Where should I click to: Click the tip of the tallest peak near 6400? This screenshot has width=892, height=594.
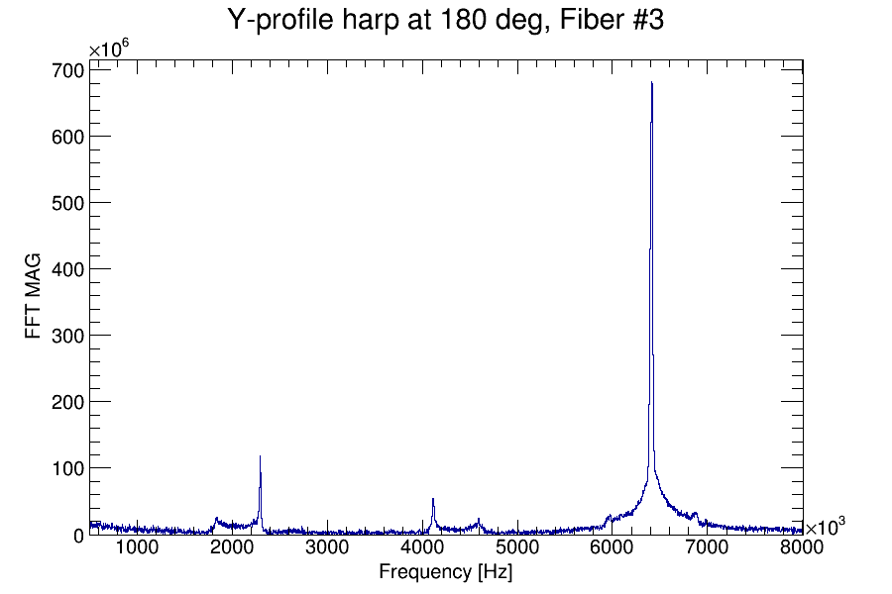tap(651, 83)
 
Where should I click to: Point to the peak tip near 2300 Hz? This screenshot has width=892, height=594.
tap(260, 456)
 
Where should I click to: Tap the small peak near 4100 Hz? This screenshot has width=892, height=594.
tap(433, 499)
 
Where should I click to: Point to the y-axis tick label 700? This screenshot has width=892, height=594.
tap(67, 70)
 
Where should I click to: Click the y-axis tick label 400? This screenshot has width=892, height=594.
tap(67, 269)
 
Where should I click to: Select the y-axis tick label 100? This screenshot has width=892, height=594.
tap(67, 468)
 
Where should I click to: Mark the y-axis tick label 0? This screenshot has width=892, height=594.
tap(78, 535)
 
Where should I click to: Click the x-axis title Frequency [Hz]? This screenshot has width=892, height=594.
tap(445, 572)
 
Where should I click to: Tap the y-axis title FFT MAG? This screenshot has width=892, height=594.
tap(34, 297)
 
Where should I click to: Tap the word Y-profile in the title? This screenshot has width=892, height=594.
tap(279, 20)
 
